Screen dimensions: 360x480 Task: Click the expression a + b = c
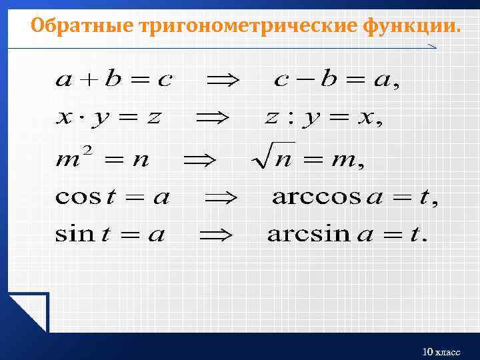[114, 81]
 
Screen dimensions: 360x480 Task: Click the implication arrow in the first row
[226, 81]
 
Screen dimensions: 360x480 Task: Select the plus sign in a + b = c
[89, 81]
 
